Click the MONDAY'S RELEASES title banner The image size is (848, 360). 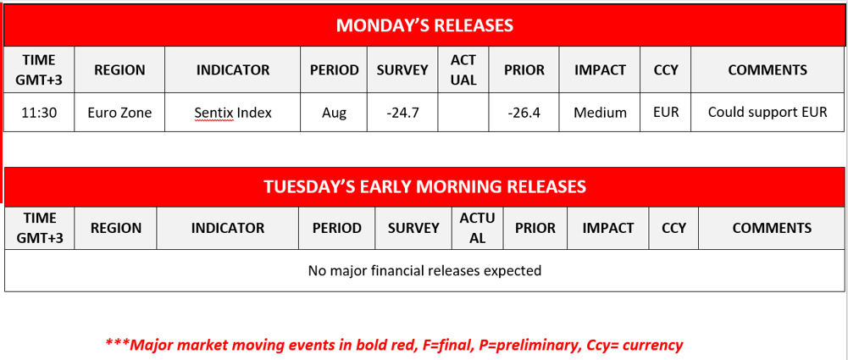(424, 25)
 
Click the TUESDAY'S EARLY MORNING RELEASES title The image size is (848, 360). (424, 186)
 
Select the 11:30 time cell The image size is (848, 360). (39, 112)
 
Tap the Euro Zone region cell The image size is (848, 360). (119, 112)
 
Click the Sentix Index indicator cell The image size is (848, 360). (233, 112)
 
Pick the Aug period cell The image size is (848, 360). (334, 112)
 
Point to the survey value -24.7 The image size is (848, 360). (402, 112)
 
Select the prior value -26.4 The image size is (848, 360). (524, 112)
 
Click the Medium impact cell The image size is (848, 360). (600, 112)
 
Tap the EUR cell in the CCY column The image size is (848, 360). (666, 112)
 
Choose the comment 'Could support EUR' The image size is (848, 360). (767, 112)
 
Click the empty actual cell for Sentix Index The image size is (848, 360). (463, 112)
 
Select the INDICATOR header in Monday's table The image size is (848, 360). (233, 70)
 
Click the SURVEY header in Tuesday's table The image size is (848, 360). (413, 228)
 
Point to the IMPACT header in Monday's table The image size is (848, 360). (600, 70)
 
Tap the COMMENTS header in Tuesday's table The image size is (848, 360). (772, 228)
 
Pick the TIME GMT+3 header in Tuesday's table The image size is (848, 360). (39, 228)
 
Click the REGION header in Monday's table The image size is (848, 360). (119, 70)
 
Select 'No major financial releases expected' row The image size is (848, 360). (424, 271)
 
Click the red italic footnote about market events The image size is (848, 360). (394, 345)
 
